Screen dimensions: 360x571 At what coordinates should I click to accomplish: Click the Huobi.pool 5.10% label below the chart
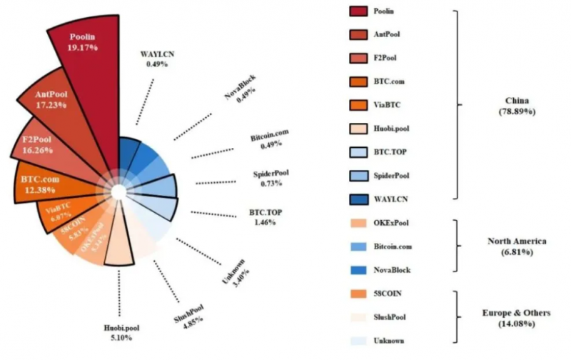point(122,334)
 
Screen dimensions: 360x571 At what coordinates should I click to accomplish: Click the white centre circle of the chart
point(118,191)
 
